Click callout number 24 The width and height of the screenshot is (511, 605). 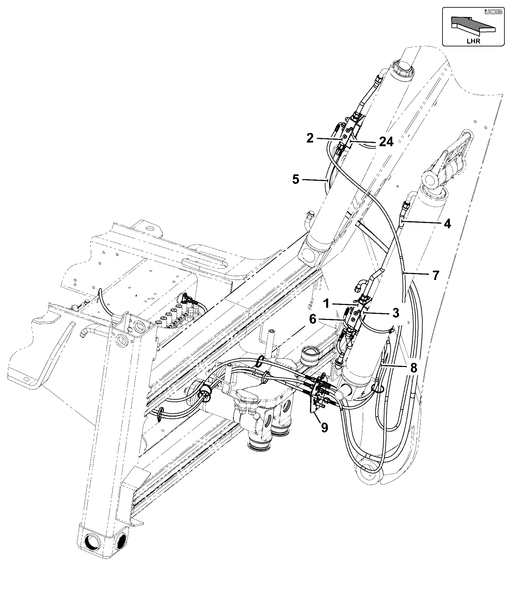(x=386, y=141)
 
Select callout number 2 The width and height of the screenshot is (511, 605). (x=310, y=139)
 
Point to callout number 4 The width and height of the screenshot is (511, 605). (x=447, y=224)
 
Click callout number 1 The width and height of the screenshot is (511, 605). (x=326, y=303)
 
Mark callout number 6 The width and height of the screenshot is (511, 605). (x=312, y=319)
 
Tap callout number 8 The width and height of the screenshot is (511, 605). (x=413, y=368)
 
